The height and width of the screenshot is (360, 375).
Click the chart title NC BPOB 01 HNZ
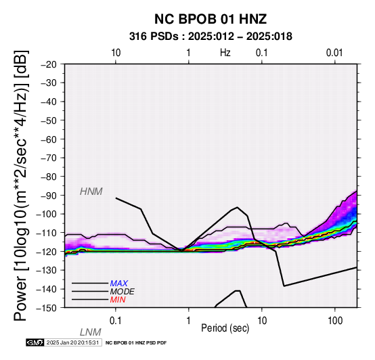pos(211,19)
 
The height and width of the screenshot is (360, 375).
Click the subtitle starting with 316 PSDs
pos(211,37)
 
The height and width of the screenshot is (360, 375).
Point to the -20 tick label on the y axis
pos(49,64)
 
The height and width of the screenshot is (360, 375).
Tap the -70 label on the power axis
pos(49,158)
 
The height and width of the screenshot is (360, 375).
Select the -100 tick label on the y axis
pos(47,214)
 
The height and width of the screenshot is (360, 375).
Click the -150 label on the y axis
pos(47,308)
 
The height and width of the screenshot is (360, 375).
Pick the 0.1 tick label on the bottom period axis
pos(116,321)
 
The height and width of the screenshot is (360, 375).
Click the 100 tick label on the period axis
pos(335,321)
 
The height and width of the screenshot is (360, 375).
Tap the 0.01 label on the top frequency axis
pos(334,53)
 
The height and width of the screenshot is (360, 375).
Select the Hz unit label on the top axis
pos(225,53)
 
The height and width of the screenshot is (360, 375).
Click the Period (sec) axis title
pos(225,328)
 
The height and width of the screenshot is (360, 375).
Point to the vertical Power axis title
pos(21,185)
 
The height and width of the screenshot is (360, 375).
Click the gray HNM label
pos(91,192)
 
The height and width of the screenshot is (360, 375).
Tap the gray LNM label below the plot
pos(91,332)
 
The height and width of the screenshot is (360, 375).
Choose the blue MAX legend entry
pos(119,284)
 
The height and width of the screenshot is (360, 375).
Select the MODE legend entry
pos(123,292)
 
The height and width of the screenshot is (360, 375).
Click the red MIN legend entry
pos(118,300)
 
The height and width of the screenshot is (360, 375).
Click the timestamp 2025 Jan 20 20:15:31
pos(72,342)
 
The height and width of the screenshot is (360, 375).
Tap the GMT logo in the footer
pos(35,342)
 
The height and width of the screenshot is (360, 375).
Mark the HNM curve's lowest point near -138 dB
pos(284,286)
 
